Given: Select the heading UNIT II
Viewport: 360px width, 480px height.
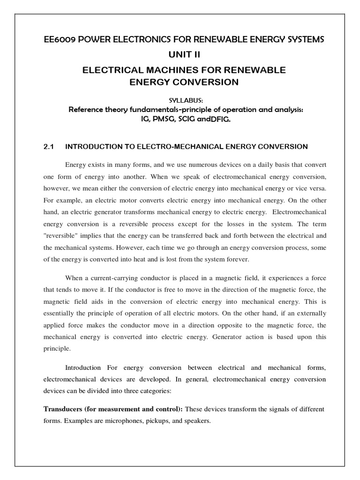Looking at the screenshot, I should click(x=180, y=55).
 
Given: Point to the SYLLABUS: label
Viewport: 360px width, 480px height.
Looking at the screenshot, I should click(x=180, y=100).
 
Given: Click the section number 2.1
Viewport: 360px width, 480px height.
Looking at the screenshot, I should click(x=49, y=147).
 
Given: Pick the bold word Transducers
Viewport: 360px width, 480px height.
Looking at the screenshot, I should click(x=63, y=409).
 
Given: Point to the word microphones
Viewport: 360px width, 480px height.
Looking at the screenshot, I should click(x=116, y=420).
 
